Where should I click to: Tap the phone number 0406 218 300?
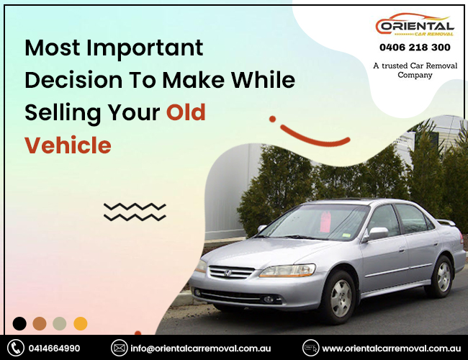click(x=415, y=48)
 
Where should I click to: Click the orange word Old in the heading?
click(x=186, y=112)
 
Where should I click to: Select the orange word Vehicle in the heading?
click(x=68, y=145)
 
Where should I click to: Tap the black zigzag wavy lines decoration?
click(x=135, y=211)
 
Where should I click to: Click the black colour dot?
click(x=19, y=323)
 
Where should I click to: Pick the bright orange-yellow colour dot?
click(x=81, y=323)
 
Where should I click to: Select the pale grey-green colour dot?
click(x=60, y=323)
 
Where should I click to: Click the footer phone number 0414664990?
click(x=55, y=348)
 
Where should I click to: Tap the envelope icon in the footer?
click(x=119, y=348)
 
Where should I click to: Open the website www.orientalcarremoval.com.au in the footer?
click(x=390, y=348)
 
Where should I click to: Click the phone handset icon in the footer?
click(x=16, y=348)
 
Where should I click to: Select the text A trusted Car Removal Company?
click(x=415, y=70)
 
